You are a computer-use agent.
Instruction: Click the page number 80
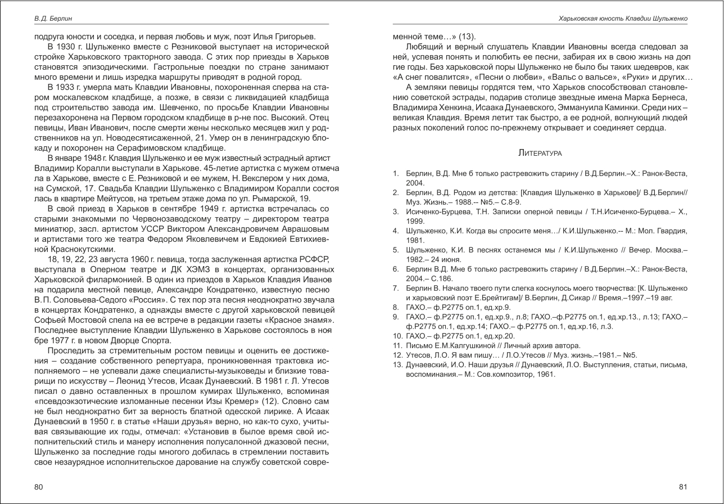click(38, 487)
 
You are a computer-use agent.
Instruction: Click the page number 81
click(683, 487)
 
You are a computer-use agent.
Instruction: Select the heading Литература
click(540, 153)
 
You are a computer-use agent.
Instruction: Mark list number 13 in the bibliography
click(396, 364)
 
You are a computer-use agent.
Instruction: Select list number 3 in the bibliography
click(396, 211)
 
